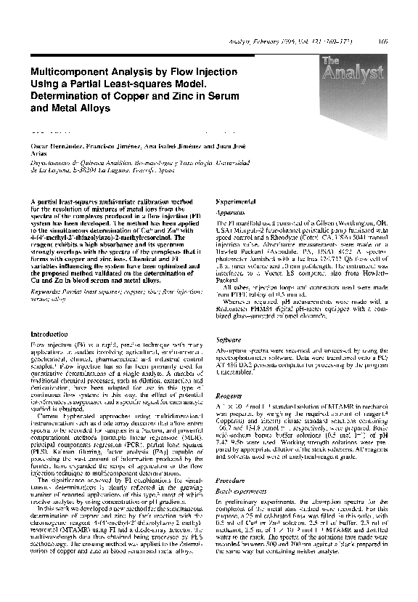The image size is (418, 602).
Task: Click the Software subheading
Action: click(229, 340)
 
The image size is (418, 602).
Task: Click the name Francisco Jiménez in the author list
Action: click(111, 147)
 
